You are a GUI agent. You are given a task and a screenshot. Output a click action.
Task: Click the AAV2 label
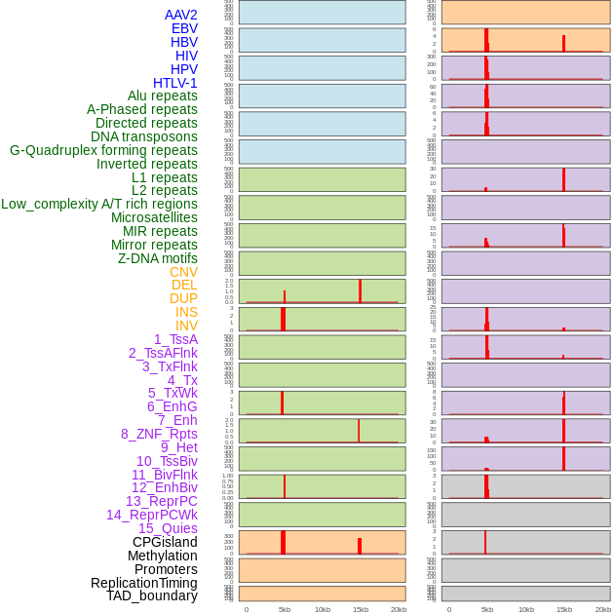(180, 15)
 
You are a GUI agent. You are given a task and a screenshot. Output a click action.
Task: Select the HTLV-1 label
(174, 83)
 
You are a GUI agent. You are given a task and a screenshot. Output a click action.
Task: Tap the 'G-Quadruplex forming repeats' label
(103, 150)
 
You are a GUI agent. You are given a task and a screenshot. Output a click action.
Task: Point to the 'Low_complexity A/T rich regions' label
(99, 204)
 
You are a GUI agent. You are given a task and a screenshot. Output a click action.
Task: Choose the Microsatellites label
(154, 217)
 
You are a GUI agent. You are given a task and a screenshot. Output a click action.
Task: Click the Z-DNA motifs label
(157, 258)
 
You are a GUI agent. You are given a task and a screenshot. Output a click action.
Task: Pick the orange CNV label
(183, 272)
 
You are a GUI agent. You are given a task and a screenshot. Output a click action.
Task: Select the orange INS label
(186, 312)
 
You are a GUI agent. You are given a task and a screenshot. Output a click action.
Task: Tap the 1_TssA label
(175, 339)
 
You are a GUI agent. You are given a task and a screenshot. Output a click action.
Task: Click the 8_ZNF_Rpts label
(159, 434)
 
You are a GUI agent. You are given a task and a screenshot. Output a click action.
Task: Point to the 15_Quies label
(168, 528)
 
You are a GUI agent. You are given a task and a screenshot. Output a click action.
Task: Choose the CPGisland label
(165, 542)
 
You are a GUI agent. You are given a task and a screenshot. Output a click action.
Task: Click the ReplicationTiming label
(143, 583)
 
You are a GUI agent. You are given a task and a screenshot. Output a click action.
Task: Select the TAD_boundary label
(151, 595)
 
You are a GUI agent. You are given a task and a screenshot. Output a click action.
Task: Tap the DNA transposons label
(143, 136)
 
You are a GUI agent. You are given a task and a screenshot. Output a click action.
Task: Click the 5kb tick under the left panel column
(285, 609)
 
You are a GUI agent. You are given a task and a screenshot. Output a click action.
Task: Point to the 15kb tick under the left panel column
(361, 609)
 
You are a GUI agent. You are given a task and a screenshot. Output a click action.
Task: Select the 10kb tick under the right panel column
(525, 609)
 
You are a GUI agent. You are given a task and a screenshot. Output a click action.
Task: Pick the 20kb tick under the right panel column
(602, 609)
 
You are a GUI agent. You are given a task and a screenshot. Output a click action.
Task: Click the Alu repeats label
(162, 96)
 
